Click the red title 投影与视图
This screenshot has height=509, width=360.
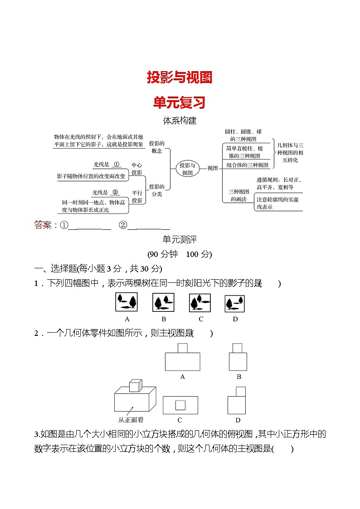180,78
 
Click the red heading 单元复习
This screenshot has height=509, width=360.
180,102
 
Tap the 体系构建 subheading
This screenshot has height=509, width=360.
180,121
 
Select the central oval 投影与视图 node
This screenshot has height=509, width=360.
187,168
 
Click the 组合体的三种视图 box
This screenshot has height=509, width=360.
247,165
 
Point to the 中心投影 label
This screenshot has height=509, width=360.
136,169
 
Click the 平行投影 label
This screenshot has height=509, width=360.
136,196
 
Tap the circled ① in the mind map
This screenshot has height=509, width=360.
116,165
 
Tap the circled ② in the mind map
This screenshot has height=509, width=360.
115,192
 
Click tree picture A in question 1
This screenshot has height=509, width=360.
127,302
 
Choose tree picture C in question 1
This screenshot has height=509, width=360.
200,302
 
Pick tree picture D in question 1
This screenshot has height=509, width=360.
235,303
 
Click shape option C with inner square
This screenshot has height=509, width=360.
180,404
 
